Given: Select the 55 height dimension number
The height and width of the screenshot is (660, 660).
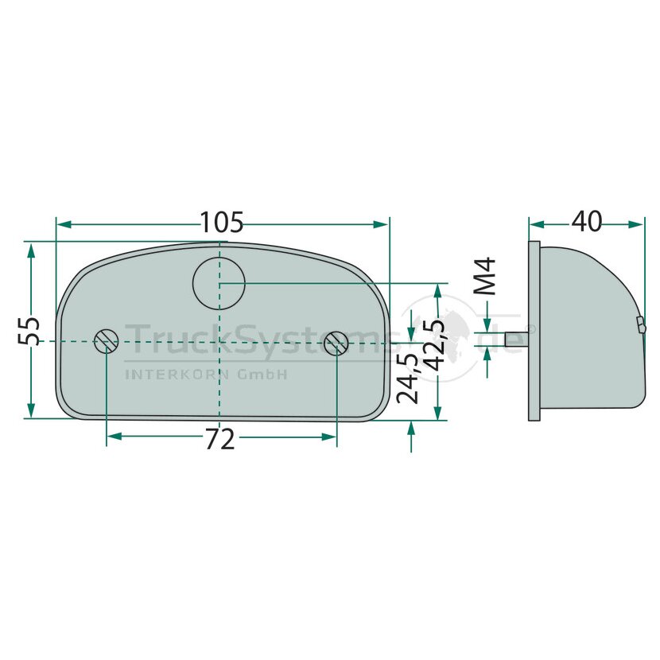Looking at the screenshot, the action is pyautogui.click(x=29, y=331).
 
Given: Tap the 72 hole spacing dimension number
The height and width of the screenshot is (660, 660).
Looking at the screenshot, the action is pyautogui.click(x=219, y=439).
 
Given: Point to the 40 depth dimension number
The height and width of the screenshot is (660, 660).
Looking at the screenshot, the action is pyautogui.click(x=586, y=221).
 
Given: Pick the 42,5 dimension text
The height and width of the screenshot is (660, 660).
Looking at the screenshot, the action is pyautogui.click(x=433, y=346).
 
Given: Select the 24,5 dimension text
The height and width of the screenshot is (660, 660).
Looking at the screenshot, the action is pyautogui.click(x=407, y=379).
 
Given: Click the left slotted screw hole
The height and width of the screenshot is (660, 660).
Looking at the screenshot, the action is pyautogui.click(x=106, y=341).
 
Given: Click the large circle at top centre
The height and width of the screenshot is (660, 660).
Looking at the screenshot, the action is pyautogui.click(x=219, y=283).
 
